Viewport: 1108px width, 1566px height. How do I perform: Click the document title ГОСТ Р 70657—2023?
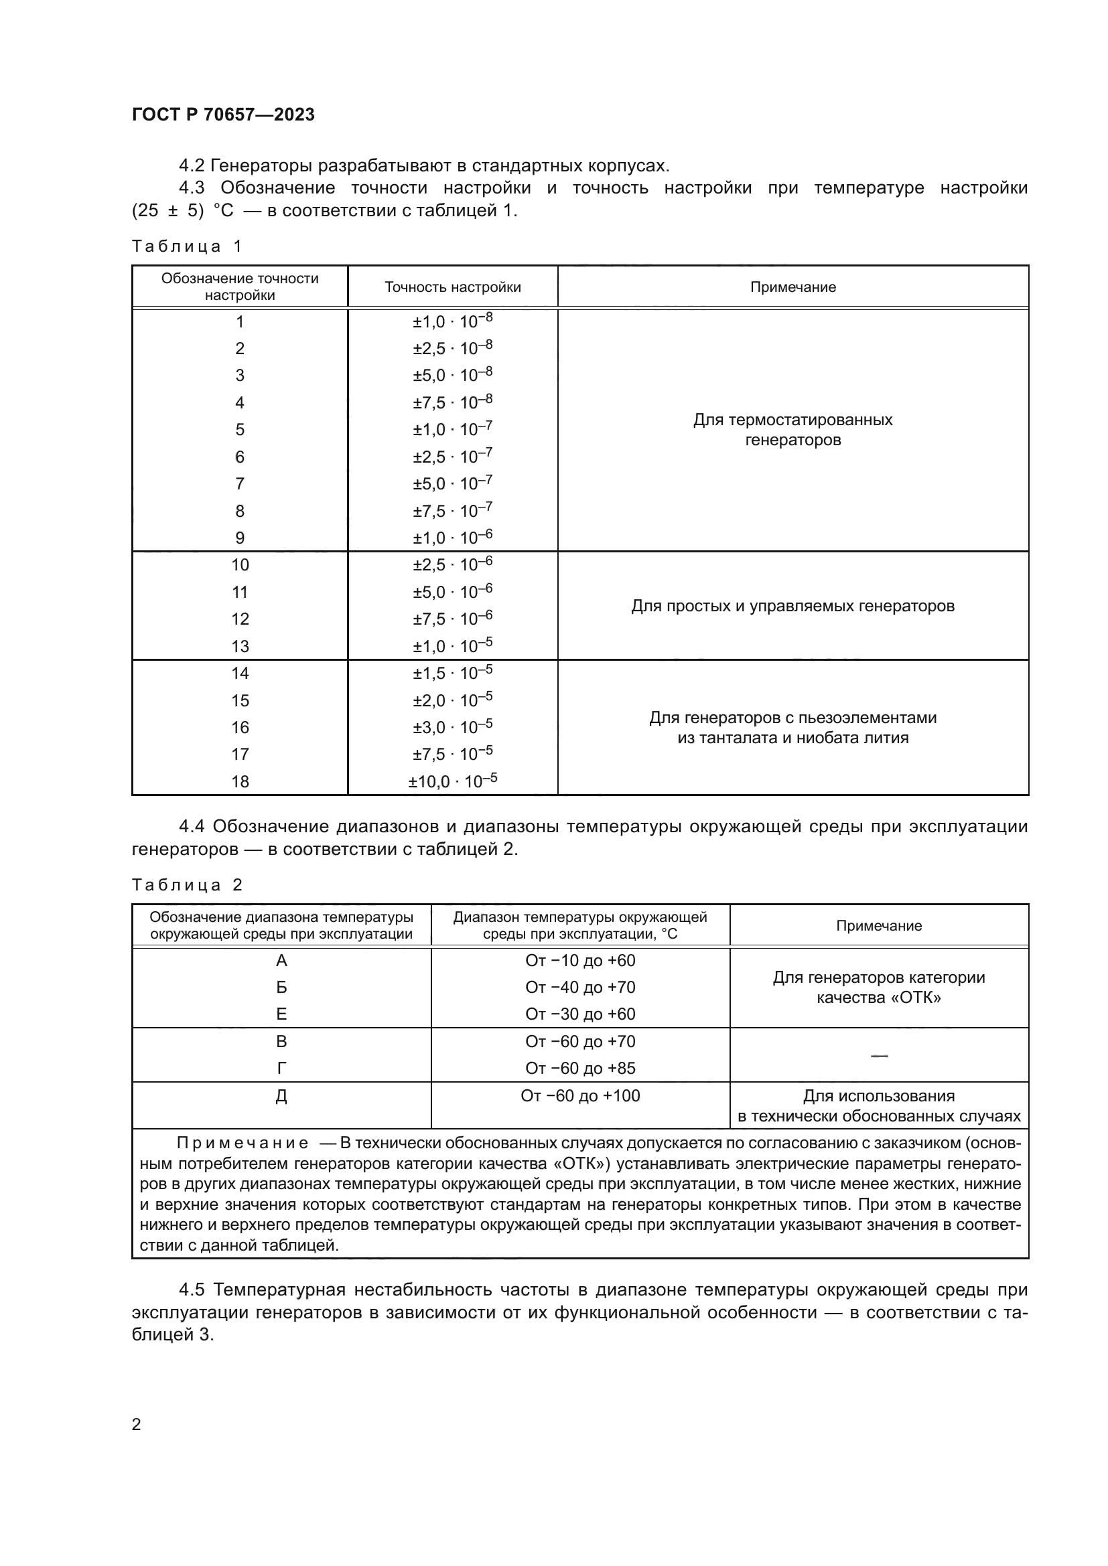coord(223,114)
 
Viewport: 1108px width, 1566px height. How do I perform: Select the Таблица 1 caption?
coord(187,246)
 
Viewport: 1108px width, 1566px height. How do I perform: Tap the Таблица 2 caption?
coord(187,884)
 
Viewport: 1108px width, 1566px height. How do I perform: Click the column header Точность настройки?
coord(452,287)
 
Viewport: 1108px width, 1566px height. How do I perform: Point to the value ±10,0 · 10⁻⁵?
coord(452,781)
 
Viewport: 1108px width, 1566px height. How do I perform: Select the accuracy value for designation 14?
coord(452,673)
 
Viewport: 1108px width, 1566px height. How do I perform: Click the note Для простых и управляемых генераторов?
coord(792,606)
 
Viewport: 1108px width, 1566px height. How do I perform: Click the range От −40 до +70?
coord(580,987)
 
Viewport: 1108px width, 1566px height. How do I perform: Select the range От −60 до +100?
coord(580,1095)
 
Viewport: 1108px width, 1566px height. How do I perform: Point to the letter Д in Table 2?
coord(281,1096)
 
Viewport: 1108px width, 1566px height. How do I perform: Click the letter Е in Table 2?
coord(281,1014)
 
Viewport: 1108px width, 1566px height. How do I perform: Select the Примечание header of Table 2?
coord(879,925)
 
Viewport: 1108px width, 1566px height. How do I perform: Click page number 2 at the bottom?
coord(137,1424)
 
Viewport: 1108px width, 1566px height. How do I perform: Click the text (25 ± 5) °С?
coord(182,211)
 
